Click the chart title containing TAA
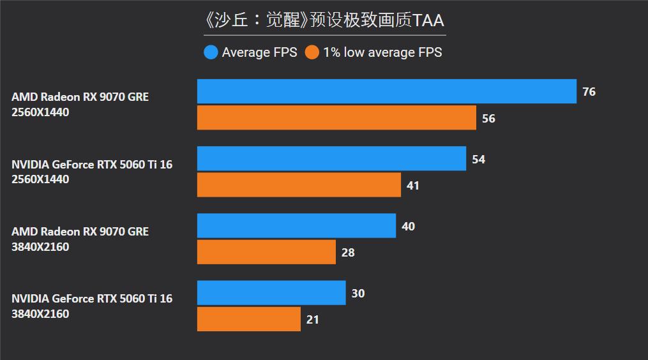324,20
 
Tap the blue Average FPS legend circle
211,52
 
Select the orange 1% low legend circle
312,52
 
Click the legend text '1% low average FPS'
382,52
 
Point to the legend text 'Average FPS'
259,52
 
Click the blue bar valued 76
387,91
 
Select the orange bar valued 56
336,117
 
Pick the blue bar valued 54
331,158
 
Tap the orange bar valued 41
299,185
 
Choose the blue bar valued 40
296,225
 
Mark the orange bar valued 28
266,251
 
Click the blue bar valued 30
271,292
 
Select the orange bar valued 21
249,319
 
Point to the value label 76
589,92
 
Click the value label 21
312,320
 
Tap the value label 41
413,186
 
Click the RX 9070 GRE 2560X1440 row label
80,105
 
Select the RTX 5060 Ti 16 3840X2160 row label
92,306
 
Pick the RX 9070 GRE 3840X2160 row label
80,239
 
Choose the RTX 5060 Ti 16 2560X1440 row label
92,172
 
